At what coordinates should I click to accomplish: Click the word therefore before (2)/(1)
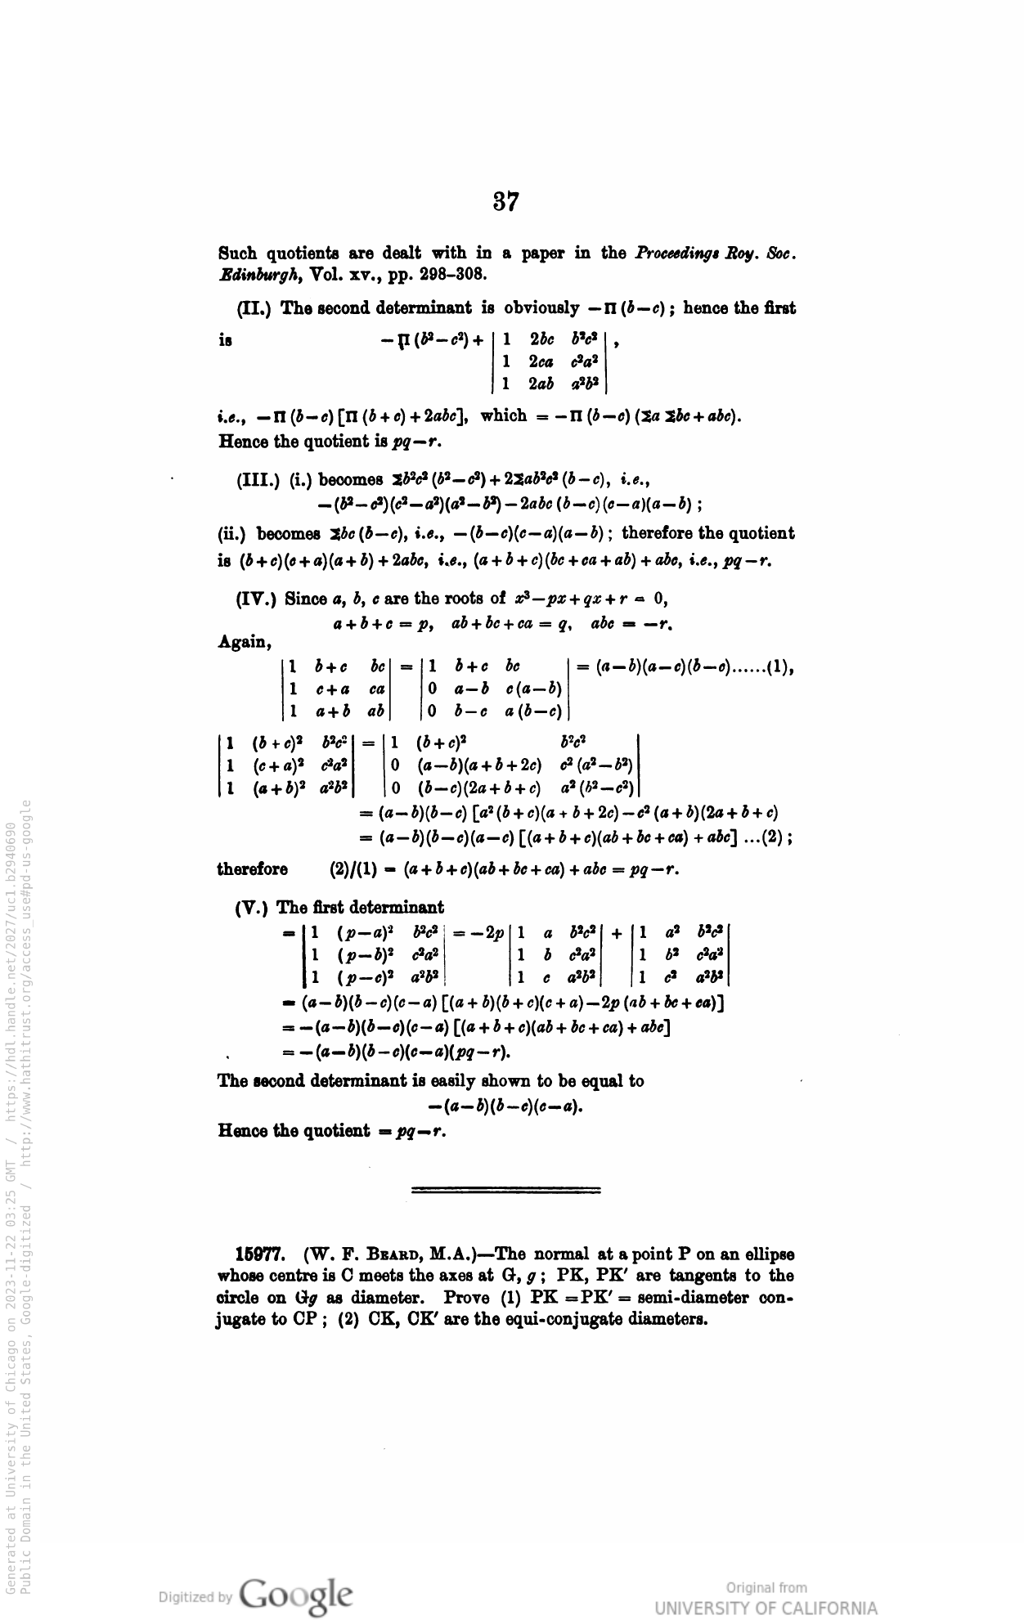[252, 869]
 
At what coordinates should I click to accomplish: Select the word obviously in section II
[542, 308]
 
